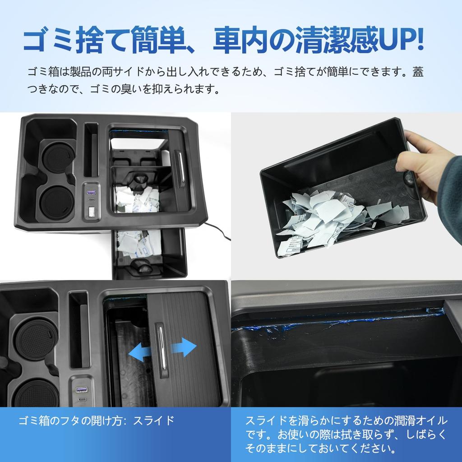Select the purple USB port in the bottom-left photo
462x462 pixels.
click(82, 389)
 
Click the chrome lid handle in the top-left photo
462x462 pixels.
click(180, 169)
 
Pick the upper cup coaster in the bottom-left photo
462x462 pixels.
click(35, 338)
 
